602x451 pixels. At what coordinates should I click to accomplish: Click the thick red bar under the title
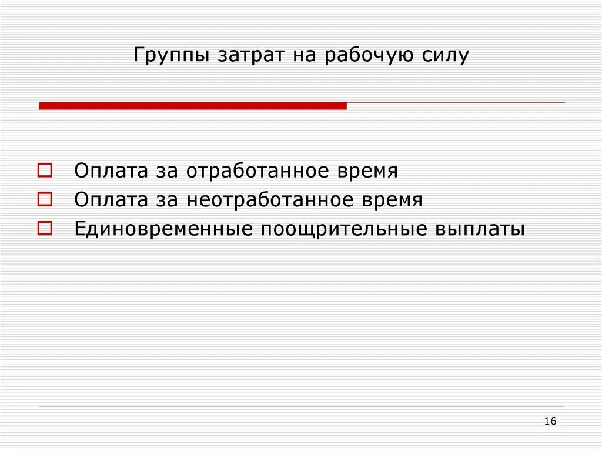[193, 106]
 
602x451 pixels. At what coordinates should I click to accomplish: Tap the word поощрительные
[345, 229]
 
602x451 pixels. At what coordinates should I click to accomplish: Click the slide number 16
[550, 421]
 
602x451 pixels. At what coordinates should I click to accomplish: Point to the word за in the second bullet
[167, 201]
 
